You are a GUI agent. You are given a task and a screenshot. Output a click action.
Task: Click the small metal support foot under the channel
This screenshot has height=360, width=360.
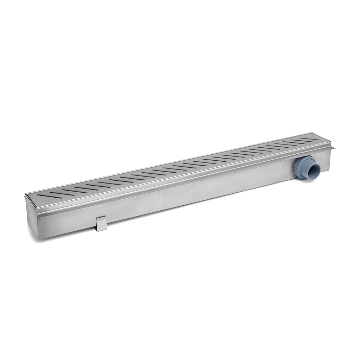pyautogui.click(x=101, y=224)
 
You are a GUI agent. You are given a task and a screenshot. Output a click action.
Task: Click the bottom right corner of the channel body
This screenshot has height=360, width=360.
pyautogui.click(x=329, y=171)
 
